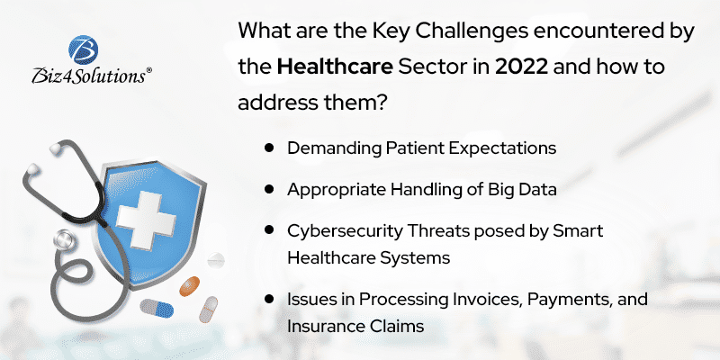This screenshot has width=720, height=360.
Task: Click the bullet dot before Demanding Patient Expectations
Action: click(x=269, y=147)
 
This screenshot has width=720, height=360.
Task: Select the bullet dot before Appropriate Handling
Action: click(x=269, y=190)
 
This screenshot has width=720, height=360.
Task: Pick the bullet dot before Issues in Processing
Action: click(x=269, y=298)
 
